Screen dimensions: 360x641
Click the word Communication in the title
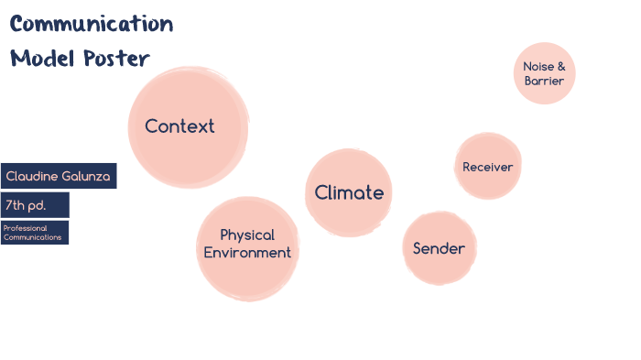[92, 24]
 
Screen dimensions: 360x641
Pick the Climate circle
[348, 192]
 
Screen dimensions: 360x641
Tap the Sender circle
[439, 248]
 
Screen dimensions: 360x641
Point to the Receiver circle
[487, 167]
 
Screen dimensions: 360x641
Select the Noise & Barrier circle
[544, 73]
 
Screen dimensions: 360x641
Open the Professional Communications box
[35, 232]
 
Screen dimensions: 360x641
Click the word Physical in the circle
[247, 235]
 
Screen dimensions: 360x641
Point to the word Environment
[247, 253]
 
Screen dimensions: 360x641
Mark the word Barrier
[544, 82]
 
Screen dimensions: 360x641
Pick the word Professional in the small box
[25, 227]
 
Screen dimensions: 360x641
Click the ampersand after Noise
[561, 66]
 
